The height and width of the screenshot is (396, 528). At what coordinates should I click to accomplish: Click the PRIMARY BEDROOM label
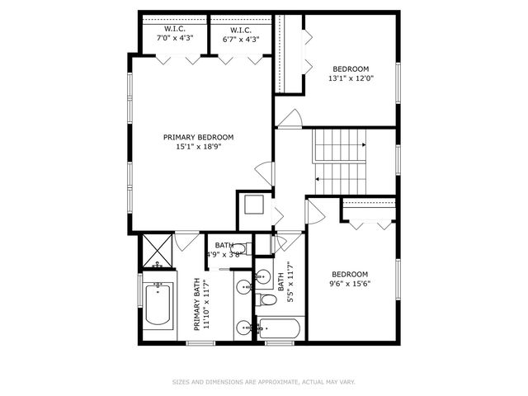click(198, 137)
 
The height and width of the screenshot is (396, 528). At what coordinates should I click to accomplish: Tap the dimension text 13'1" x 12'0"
click(351, 79)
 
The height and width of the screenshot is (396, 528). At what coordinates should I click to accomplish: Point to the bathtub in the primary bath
click(158, 304)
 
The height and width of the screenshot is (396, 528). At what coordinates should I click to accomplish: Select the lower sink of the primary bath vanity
click(244, 328)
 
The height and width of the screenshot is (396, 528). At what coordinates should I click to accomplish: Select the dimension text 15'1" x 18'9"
click(198, 147)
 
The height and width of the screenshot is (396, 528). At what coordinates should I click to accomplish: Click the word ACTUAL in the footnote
click(313, 382)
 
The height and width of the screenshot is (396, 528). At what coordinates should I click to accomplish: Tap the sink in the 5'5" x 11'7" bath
click(263, 276)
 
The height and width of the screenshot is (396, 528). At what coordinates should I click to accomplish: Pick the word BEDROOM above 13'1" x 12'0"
click(351, 68)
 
